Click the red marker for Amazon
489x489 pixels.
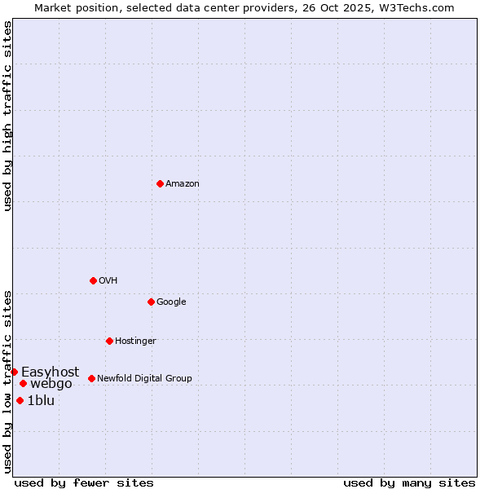[x=160, y=183]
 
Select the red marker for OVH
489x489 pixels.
[x=93, y=280]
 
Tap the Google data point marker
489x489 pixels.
[x=151, y=302]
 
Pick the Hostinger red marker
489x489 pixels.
[x=109, y=341]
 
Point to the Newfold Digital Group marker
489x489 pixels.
[x=91, y=378]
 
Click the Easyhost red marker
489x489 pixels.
[x=14, y=372]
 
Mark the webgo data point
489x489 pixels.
[x=23, y=383]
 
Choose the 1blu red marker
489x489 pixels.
[x=20, y=400]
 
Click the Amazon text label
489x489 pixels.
[x=183, y=184]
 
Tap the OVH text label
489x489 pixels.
[x=108, y=281]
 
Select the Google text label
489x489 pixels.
[x=171, y=302]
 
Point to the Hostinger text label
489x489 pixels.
[x=135, y=341]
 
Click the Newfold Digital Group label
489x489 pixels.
[x=144, y=379]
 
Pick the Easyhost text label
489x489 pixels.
[x=51, y=372]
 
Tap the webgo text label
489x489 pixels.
[x=51, y=384]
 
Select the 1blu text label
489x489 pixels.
[x=41, y=401]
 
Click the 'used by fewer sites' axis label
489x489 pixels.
[x=84, y=482]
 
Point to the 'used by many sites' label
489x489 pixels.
[x=409, y=482]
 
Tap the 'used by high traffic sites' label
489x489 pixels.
[x=7, y=116]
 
